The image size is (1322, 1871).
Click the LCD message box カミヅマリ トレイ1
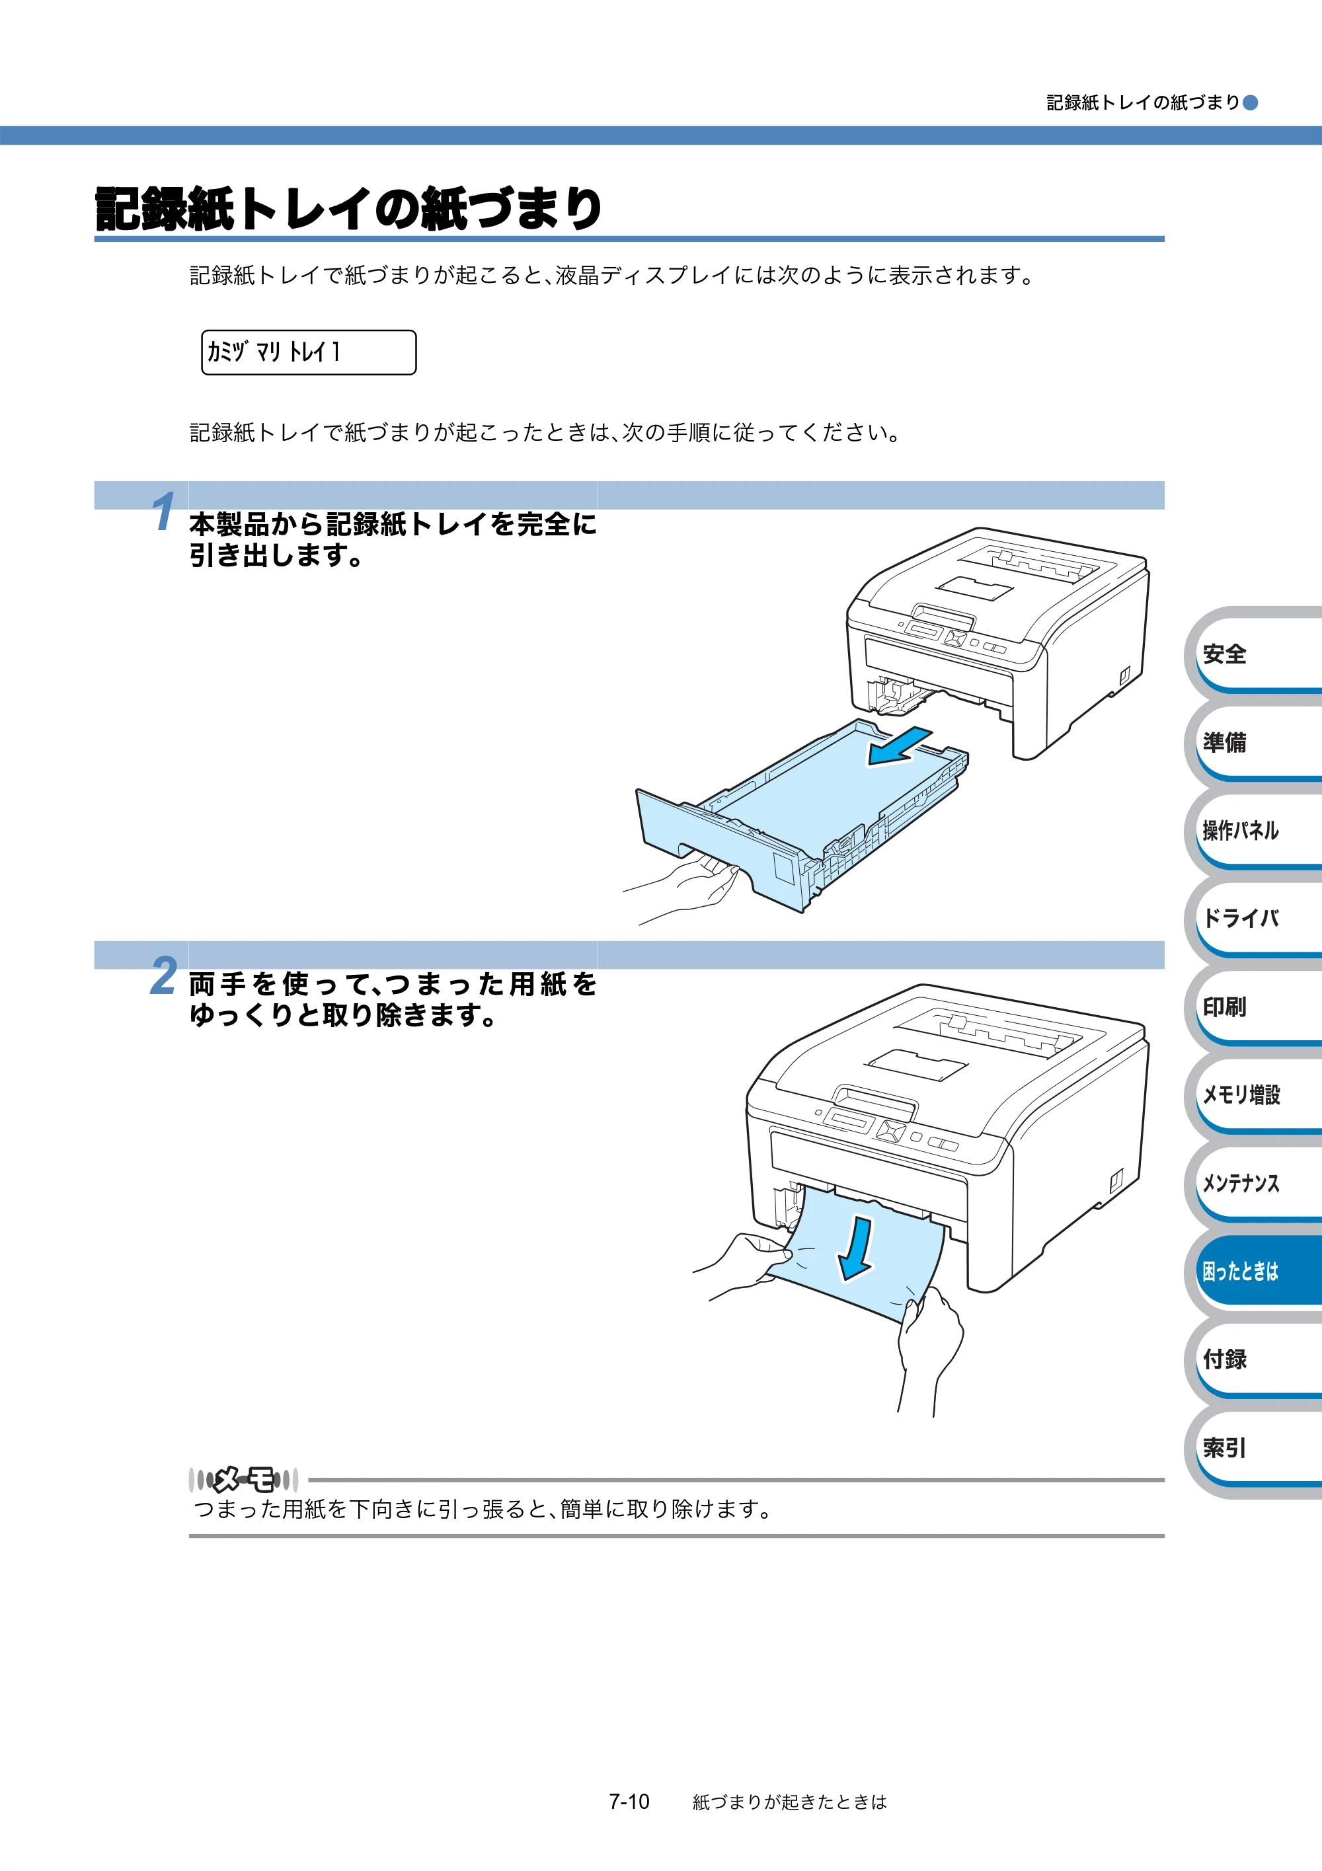309,352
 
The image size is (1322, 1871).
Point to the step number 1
164,511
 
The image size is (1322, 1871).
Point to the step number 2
164,975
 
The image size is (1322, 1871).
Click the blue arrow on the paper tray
899,746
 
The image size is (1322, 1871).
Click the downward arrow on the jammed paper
857,1249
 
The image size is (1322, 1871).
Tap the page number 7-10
629,1801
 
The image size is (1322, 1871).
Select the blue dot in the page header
1250,102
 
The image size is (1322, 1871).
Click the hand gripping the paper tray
689,884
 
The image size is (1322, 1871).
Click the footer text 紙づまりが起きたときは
789,1802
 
